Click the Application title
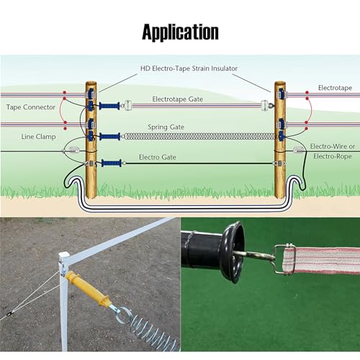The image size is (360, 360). tap(180, 32)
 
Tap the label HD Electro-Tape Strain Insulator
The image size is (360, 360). tap(189, 68)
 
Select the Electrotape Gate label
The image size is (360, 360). tap(178, 99)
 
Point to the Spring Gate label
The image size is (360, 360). tap(166, 127)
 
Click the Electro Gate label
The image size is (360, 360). tap(158, 157)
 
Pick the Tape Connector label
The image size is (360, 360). tap(31, 107)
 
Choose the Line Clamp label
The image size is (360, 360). tap(38, 137)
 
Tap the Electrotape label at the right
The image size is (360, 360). tap(335, 88)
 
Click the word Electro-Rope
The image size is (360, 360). tap(333, 156)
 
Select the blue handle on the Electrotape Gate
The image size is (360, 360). tap(109, 106)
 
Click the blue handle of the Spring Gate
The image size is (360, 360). tap(110, 137)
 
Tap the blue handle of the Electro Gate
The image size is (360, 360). tap(112, 163)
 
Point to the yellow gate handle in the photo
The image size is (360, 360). tap(88, 289)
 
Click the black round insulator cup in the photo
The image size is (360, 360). tap(232, 252)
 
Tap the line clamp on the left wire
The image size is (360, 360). tap(71, 150)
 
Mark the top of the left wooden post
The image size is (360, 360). tap(91, 83)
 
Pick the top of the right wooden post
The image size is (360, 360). tap(280, 83)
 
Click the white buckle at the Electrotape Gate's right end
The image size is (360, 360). tap(265, 105)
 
